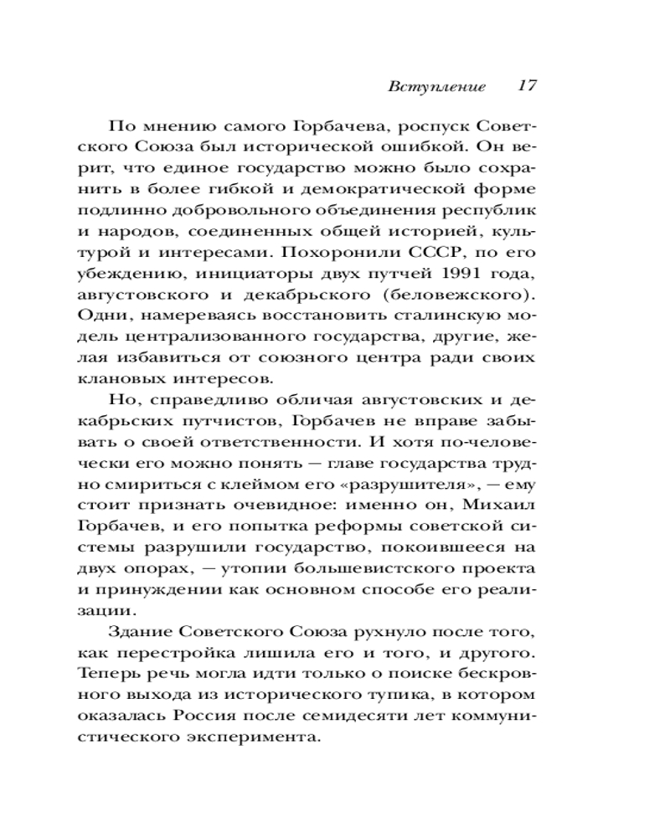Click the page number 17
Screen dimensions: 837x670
pos(526,86)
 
